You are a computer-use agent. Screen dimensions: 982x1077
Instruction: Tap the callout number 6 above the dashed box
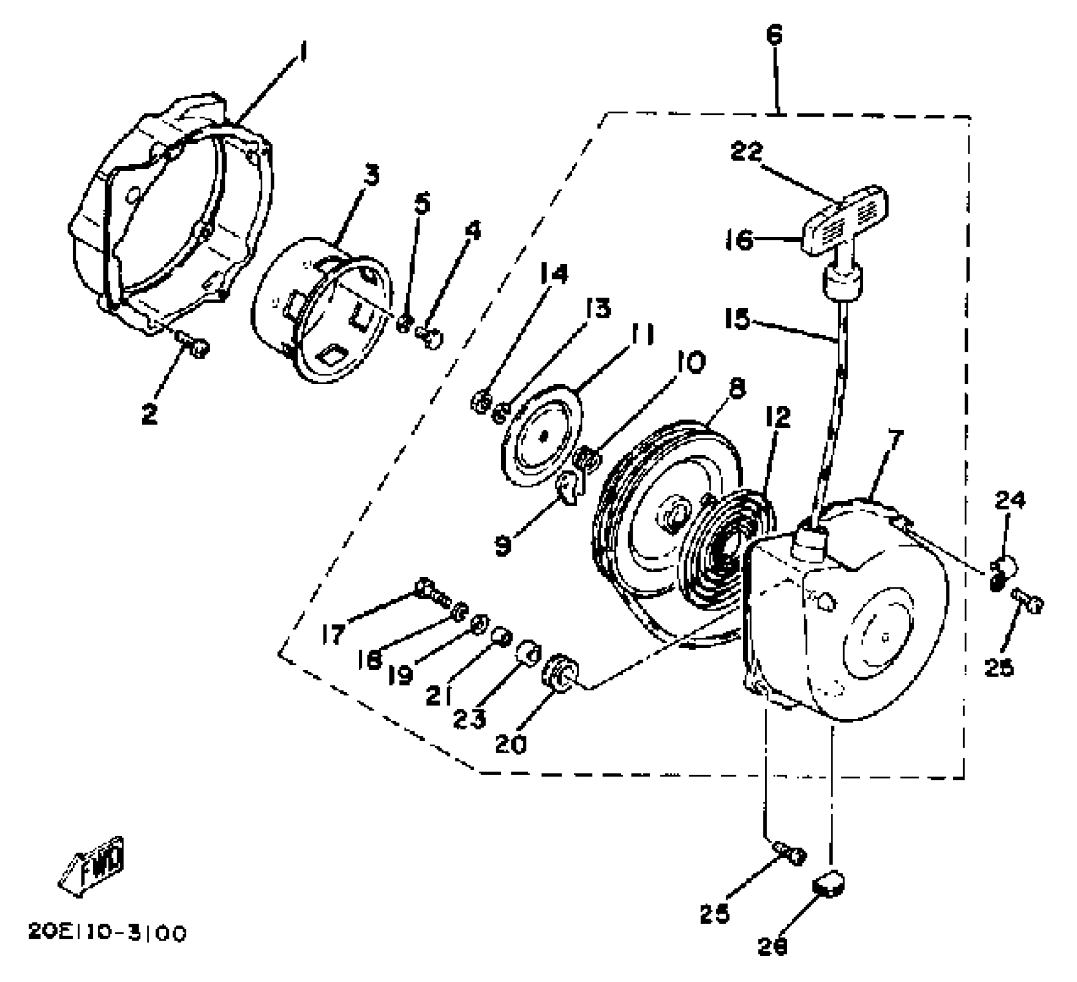(x=774, y=36)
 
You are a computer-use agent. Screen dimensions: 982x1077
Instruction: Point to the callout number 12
(x=778, y=417)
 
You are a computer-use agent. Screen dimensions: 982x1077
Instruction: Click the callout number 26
(x=773, y=946)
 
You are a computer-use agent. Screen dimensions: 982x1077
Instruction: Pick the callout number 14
(x=554, y=274)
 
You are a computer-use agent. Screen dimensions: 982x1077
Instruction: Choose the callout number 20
(x=511, y=744)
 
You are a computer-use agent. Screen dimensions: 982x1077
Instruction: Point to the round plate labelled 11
(x=540, y=439)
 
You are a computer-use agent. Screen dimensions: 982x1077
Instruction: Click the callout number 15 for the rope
(x=737, y=319)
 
